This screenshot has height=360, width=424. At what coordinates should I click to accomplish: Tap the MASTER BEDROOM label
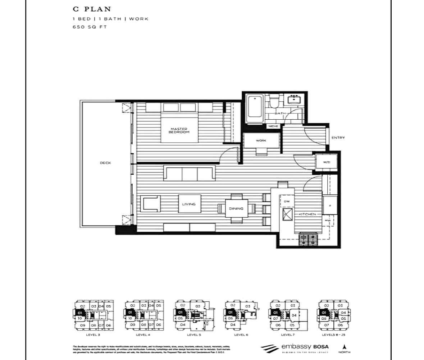point(179,130)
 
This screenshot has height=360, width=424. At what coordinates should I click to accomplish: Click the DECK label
point(105,163)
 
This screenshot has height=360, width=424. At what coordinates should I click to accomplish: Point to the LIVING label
point(189,204)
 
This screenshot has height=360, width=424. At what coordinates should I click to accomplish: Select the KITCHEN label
point(307,214)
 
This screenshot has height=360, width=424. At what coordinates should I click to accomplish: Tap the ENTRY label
point(338,138)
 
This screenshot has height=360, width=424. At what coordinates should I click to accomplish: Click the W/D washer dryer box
point(326,162)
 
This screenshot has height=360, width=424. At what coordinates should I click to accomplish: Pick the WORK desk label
point(261,140)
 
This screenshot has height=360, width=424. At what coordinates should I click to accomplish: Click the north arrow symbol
point(344,347)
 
